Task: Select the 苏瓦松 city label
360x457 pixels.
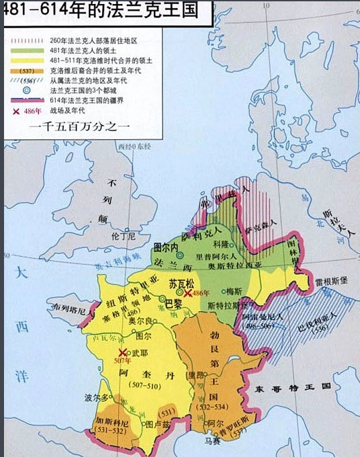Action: pyautogui.click(x=181, y=283)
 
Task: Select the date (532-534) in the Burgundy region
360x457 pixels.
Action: pyautogui.click(x=210, y=407)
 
